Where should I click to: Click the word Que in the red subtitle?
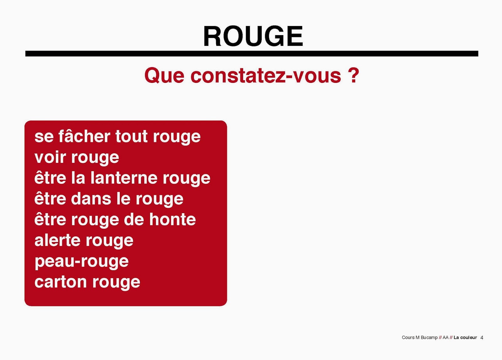pos(164,76)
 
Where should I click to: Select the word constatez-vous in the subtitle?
pos(265,76)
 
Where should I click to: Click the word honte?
pos(172,219)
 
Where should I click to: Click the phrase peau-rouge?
pos(82,261)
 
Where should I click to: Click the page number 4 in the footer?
pos(482,338)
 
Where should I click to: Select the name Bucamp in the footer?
pos(429,338)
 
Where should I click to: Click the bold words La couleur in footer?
pos(465,338)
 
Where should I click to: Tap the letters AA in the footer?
pos(446,338)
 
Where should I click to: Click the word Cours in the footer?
pos(408,338)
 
